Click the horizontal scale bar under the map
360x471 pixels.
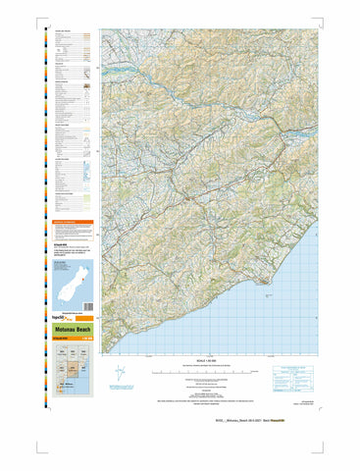(x=201, y=371)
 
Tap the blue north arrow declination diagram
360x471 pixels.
(x=119, y=376)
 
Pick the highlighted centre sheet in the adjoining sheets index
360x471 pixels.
(x=71, y=369)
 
